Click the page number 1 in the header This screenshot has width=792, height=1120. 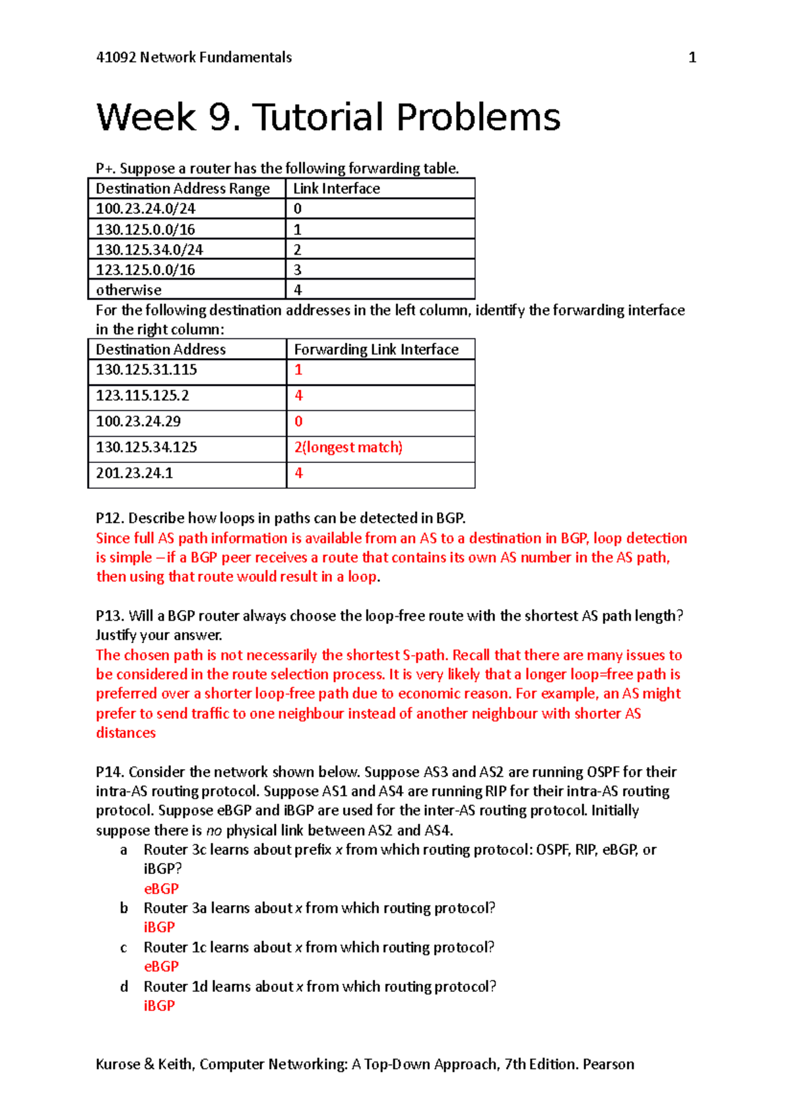(692, 57)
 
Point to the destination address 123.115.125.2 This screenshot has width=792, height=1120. (143, 396)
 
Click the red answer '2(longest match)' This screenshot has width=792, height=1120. (348, 447)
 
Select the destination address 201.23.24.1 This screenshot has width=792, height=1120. (135, 473)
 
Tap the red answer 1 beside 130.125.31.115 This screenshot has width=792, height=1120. (298, 370)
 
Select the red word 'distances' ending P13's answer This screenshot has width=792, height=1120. (126, 733)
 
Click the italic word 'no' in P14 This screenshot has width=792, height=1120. (214, 830)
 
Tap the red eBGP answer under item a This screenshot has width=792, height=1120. (161, 888)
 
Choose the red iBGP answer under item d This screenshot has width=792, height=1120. (159, 1006)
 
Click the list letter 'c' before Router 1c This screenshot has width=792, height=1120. (123, 948)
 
